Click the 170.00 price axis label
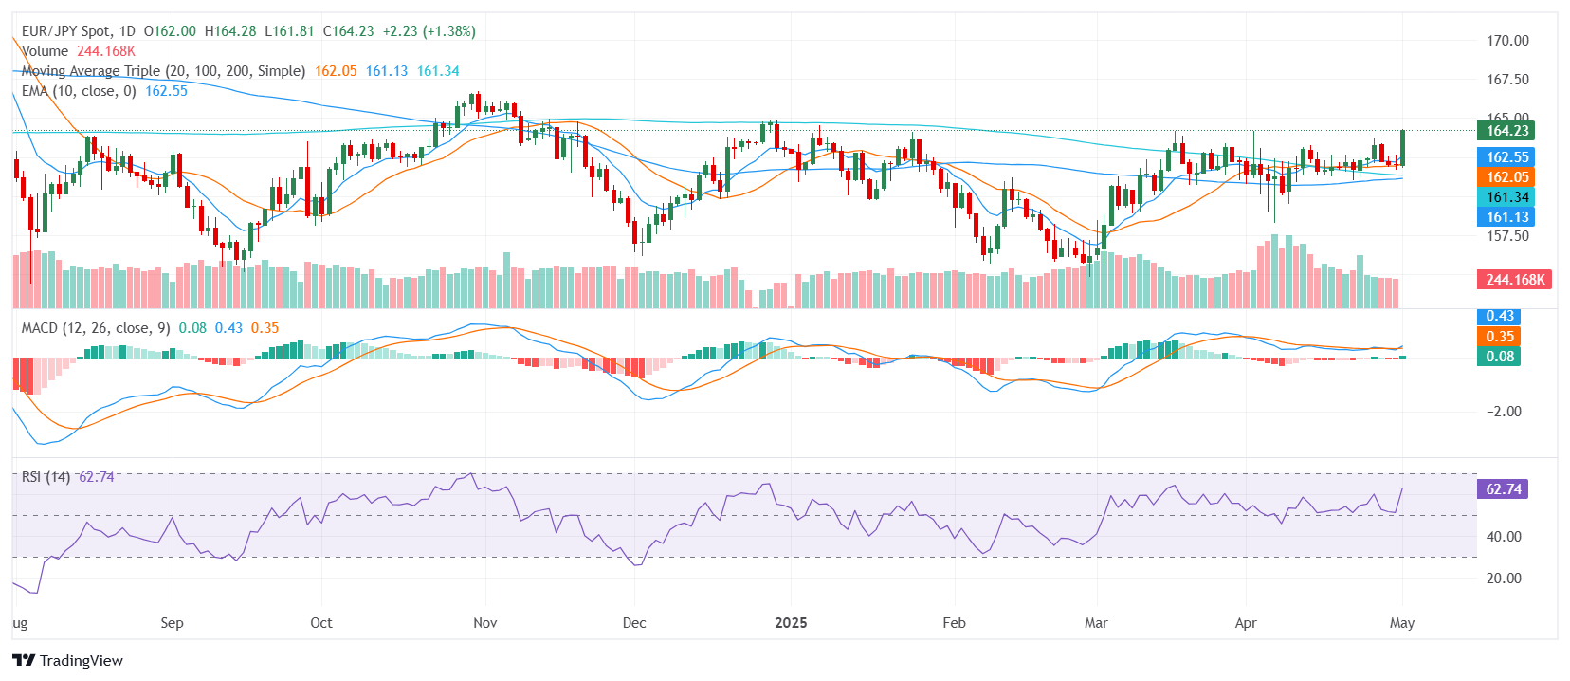tap(1507, 41)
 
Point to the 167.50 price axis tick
tap(1507, 80)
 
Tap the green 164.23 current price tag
tap(1506, 131)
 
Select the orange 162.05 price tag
tap(1506, 177)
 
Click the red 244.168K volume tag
tap(1514, 280)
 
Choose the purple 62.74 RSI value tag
tap(1503, 489)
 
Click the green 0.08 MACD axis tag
tap(1500, 357)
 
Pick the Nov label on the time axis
tap(484, 623)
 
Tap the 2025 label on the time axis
tap(791, 623)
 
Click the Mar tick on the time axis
tap(1096, 623)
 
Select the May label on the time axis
tap(1401, 623)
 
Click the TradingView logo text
tap(81, 661)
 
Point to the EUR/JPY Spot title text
tap(65, 31)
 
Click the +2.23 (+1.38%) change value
tap(429, 31)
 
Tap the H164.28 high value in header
tap(230, 31)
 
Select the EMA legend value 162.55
tap(166, 91)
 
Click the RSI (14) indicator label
tap(46, 477)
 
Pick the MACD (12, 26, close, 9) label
tap(96, 328)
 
